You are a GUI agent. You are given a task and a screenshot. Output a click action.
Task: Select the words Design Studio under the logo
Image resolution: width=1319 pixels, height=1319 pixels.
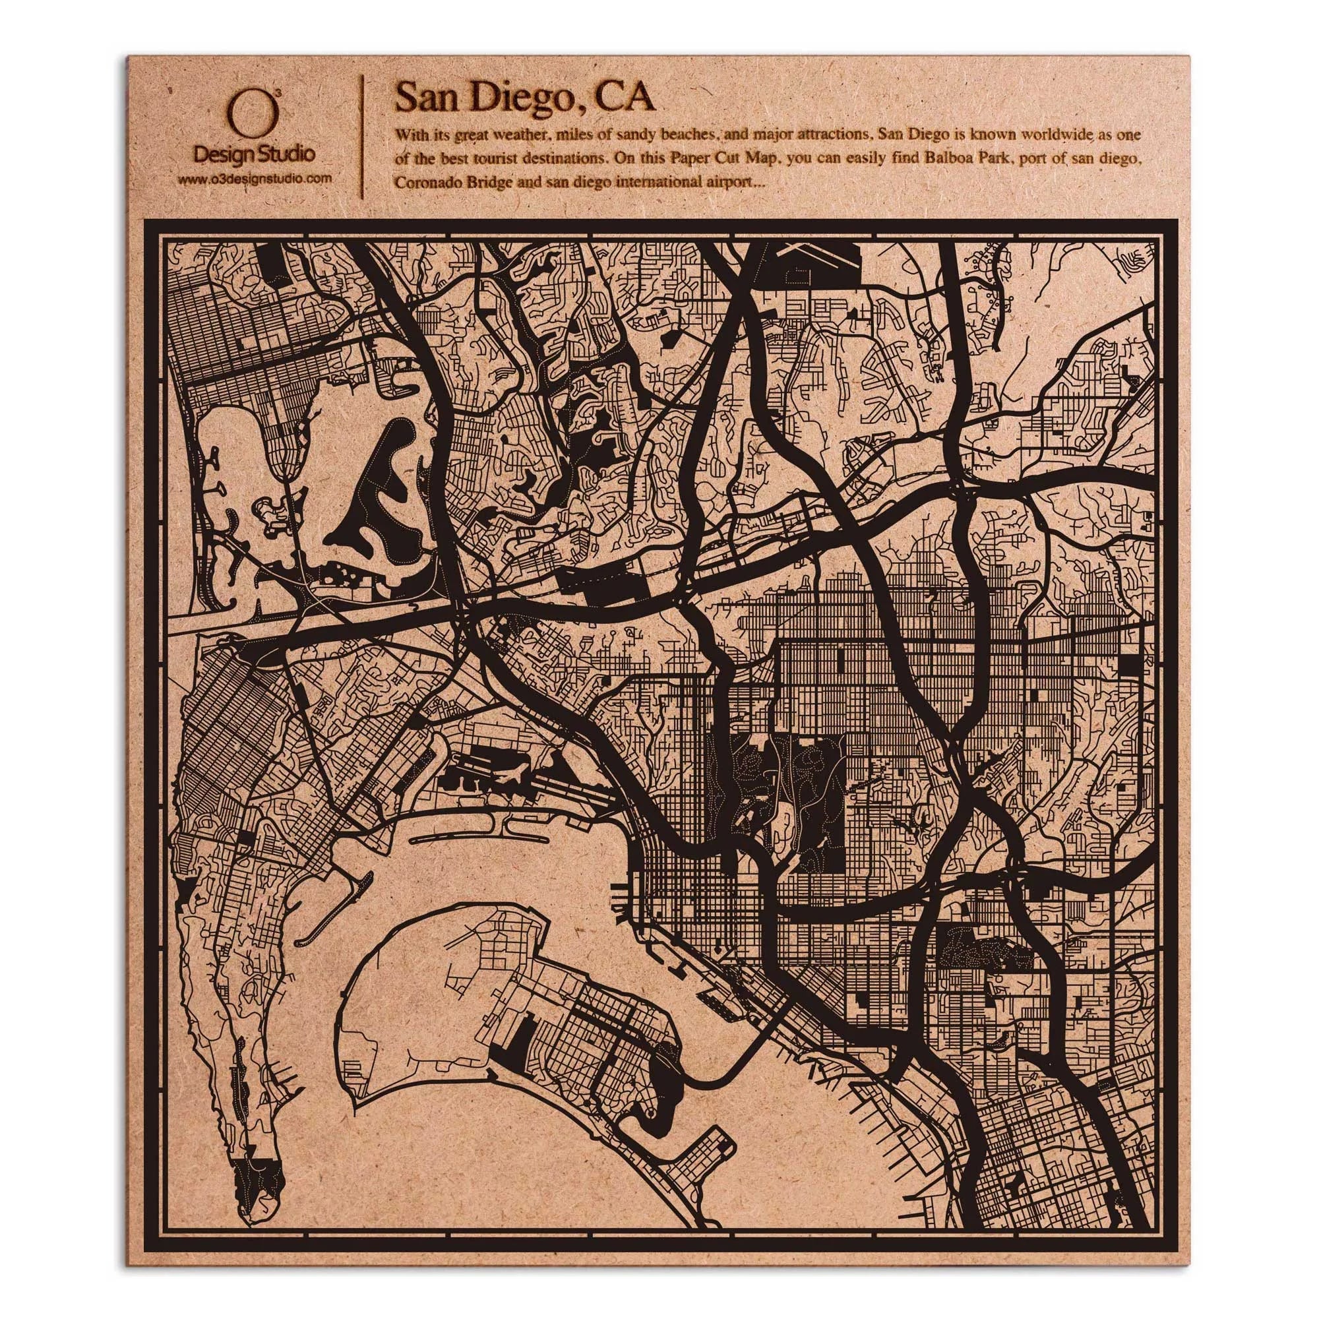click(x=255, y=155)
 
